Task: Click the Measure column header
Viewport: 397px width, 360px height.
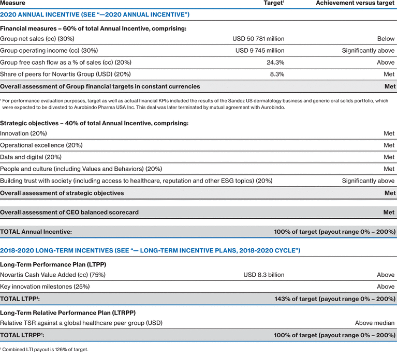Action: (x=12, y=3)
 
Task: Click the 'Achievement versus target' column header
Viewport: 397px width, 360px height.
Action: (x=355, y=3)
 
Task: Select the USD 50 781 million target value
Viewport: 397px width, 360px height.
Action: (x=259, y=39)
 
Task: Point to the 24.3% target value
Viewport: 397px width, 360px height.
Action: (x=274, y=63)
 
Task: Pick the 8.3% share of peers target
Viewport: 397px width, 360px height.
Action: (x=276, y=74)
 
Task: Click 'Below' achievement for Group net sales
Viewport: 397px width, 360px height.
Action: (x=386, y=39)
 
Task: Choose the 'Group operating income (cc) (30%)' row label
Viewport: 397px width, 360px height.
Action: (x=49, y=51)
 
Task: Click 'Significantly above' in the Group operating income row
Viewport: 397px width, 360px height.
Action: (x=368, y=51)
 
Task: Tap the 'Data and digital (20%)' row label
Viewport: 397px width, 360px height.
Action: (x=31, y=157)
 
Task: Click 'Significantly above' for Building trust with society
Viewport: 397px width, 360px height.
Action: (x=368, y=181)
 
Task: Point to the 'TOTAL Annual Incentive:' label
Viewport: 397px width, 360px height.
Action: (x=36, y=232)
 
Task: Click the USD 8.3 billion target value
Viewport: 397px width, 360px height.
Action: (x=264, y=275)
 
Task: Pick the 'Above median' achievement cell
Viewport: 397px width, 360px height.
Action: (x=375, y=323)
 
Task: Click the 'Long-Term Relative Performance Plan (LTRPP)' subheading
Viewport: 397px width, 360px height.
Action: (x=76, y=312)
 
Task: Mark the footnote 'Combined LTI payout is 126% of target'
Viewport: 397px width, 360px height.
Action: (x=45, y=350)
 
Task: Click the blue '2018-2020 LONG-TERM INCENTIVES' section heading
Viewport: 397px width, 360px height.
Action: (x=150, y=250)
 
